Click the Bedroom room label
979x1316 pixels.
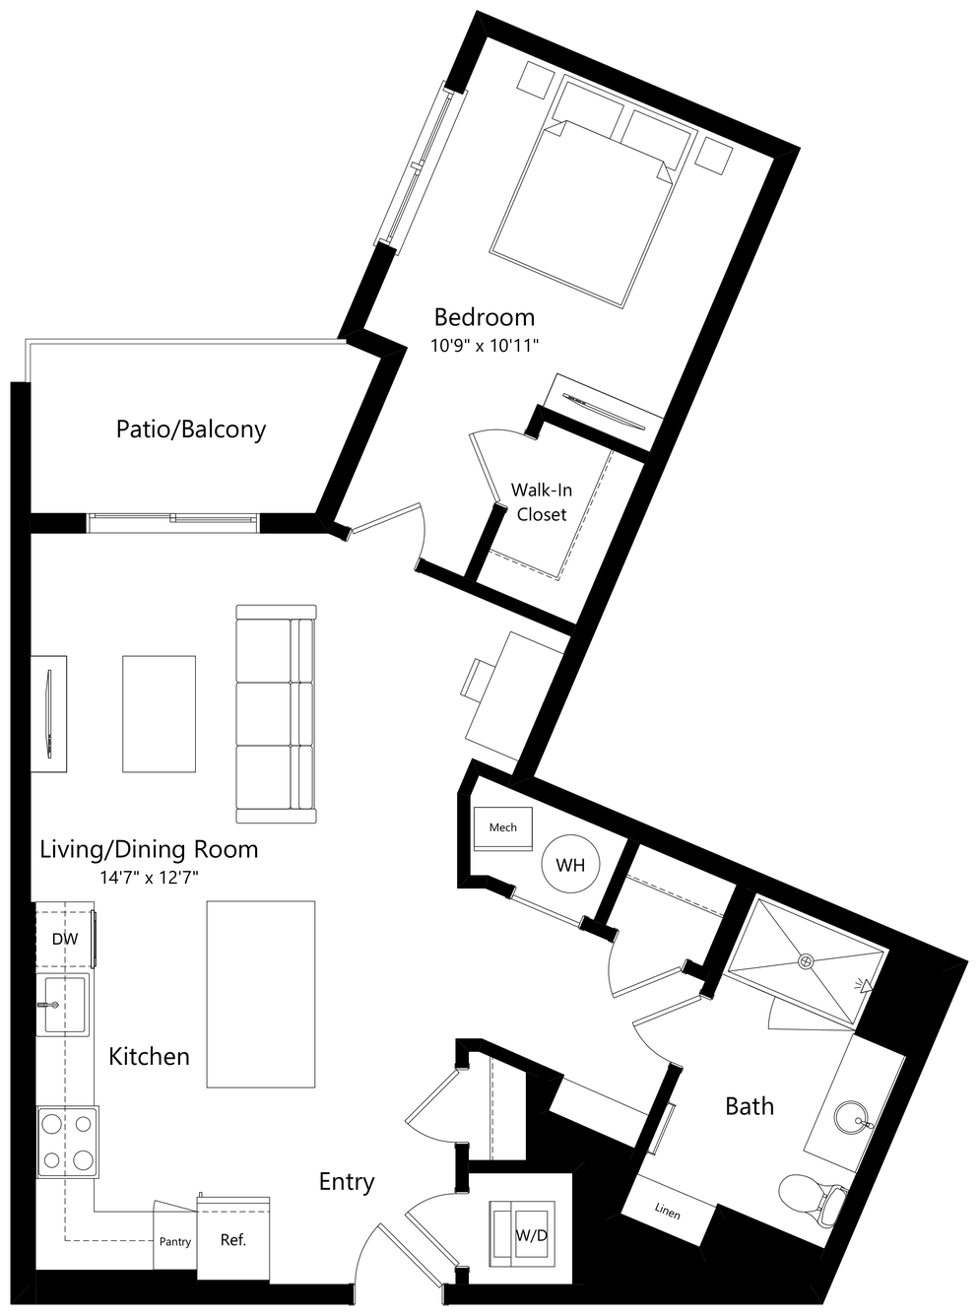(x=485, y=317)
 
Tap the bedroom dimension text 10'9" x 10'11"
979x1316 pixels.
(x=485, y=346)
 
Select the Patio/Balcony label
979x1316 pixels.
(x=190, y=429)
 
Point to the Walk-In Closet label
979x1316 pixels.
(x=541, y=502)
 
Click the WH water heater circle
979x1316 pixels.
(x=570, y=865)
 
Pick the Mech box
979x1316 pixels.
(x=502, y=828)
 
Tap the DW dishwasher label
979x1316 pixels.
(x=65, y=940)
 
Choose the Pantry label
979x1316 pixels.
(x=175, y=1242)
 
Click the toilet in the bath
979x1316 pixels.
(x=813, y=1196)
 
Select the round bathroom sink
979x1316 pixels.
(x=853, y=1118)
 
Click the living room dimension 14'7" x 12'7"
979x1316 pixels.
(x=149, y=877)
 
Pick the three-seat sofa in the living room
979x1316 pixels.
(x=276, y=713)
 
